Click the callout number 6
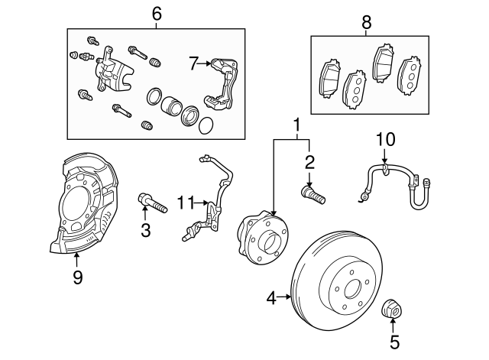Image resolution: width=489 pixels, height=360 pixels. coord(157,14)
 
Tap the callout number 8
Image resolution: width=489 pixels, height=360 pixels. coord(366,23)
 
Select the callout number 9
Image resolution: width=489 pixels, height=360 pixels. coord(77,277)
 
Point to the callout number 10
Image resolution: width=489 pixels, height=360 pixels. coord(386,140)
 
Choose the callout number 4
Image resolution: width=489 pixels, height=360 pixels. coord(271,298)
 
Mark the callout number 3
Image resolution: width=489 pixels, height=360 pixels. coord(145,229)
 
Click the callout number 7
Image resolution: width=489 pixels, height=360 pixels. coord(193,65)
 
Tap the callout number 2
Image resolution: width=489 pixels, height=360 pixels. coord(309,162)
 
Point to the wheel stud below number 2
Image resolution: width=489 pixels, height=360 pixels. coord(313,193)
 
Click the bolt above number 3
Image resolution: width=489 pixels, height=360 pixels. coord(153,203)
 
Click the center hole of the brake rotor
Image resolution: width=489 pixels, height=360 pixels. coord(352,290)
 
